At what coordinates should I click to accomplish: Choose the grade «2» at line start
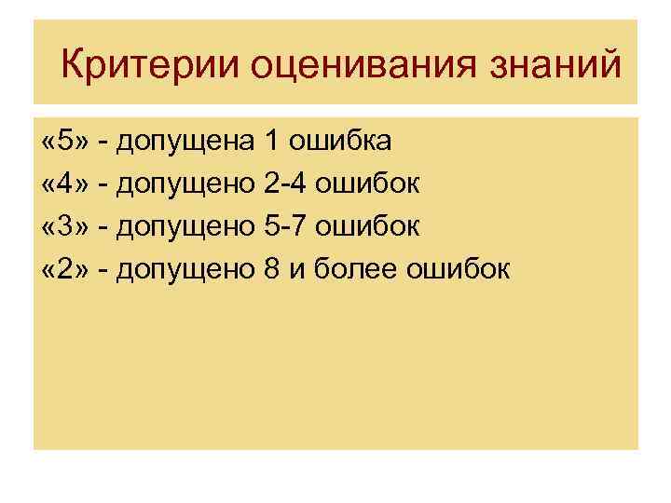click(64, 270)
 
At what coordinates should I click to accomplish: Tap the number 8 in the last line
click(272, 270)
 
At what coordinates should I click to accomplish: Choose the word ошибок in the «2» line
click(459, 270)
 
